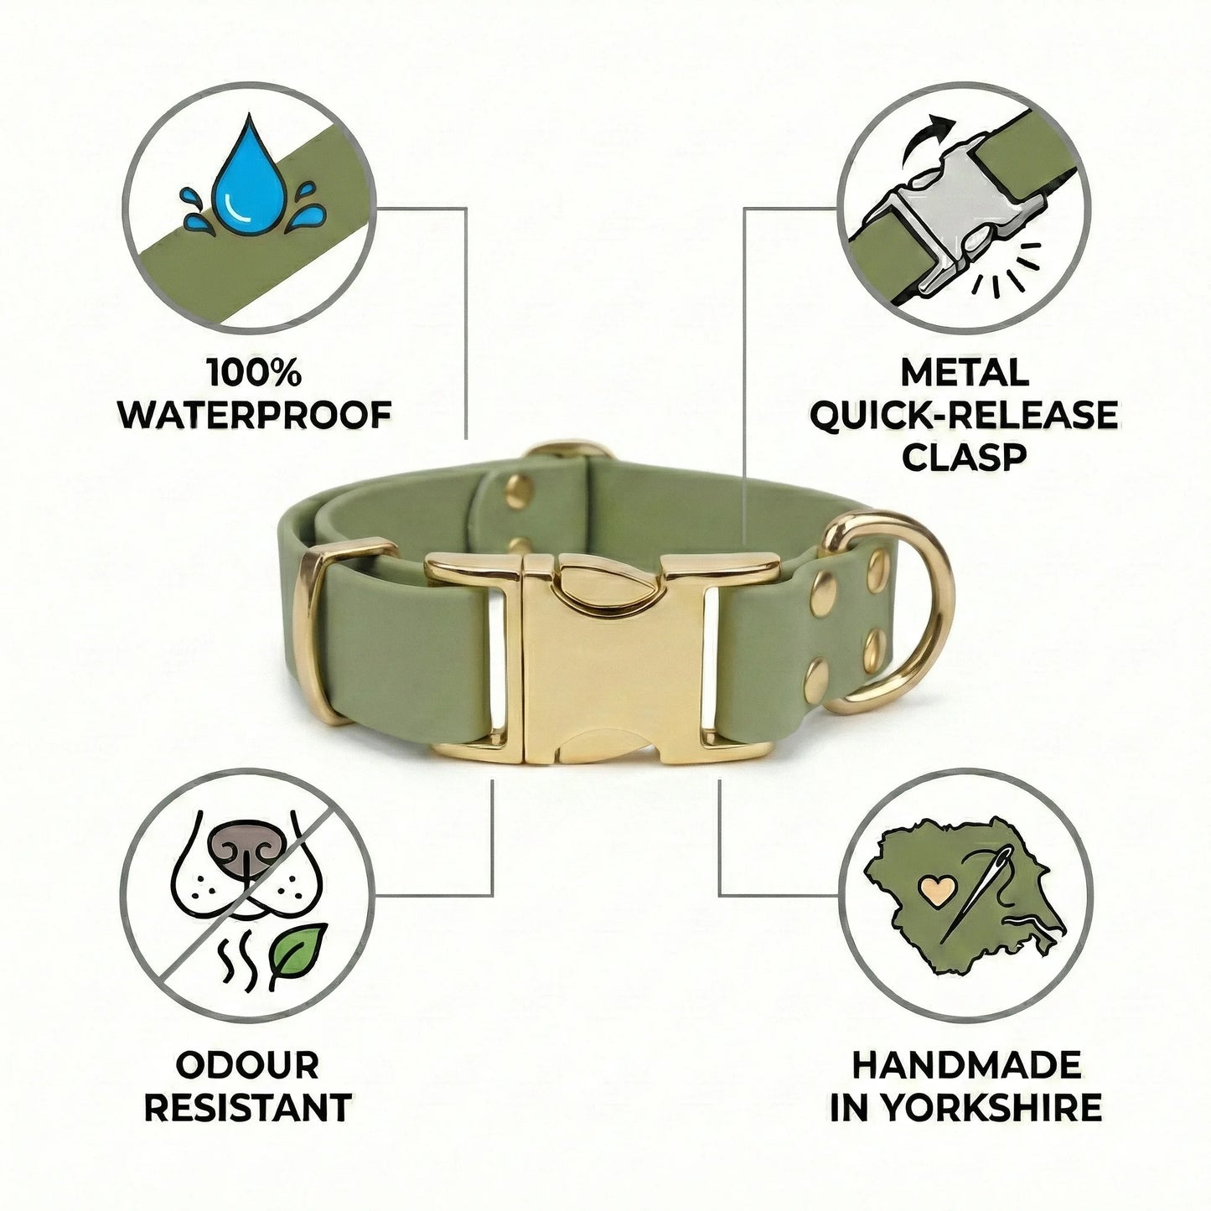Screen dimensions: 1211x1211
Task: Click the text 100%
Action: (255, 373)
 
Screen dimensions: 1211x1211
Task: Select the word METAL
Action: (965, 372)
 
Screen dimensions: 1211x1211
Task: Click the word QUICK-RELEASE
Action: (965, 415)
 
